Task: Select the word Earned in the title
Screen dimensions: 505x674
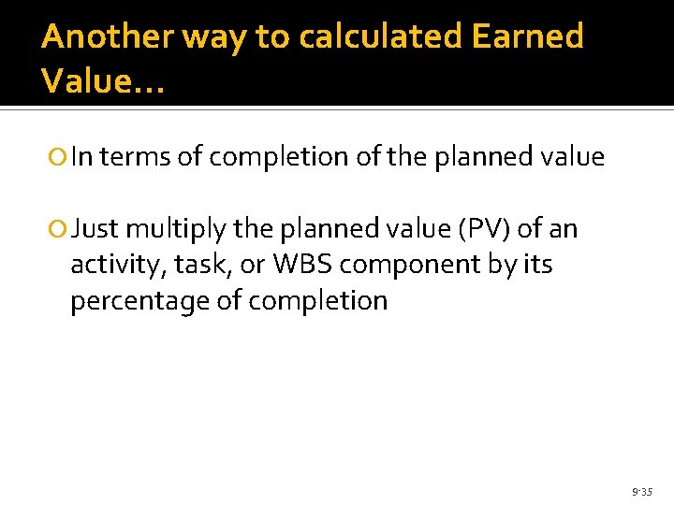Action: (x=528, y=36)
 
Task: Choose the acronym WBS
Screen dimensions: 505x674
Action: (x=302, y=265)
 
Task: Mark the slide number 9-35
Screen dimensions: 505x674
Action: (x=642, y=490)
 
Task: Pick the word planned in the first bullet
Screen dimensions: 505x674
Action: (x=479, y=157)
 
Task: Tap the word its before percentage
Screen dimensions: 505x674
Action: (x=535, y=265)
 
